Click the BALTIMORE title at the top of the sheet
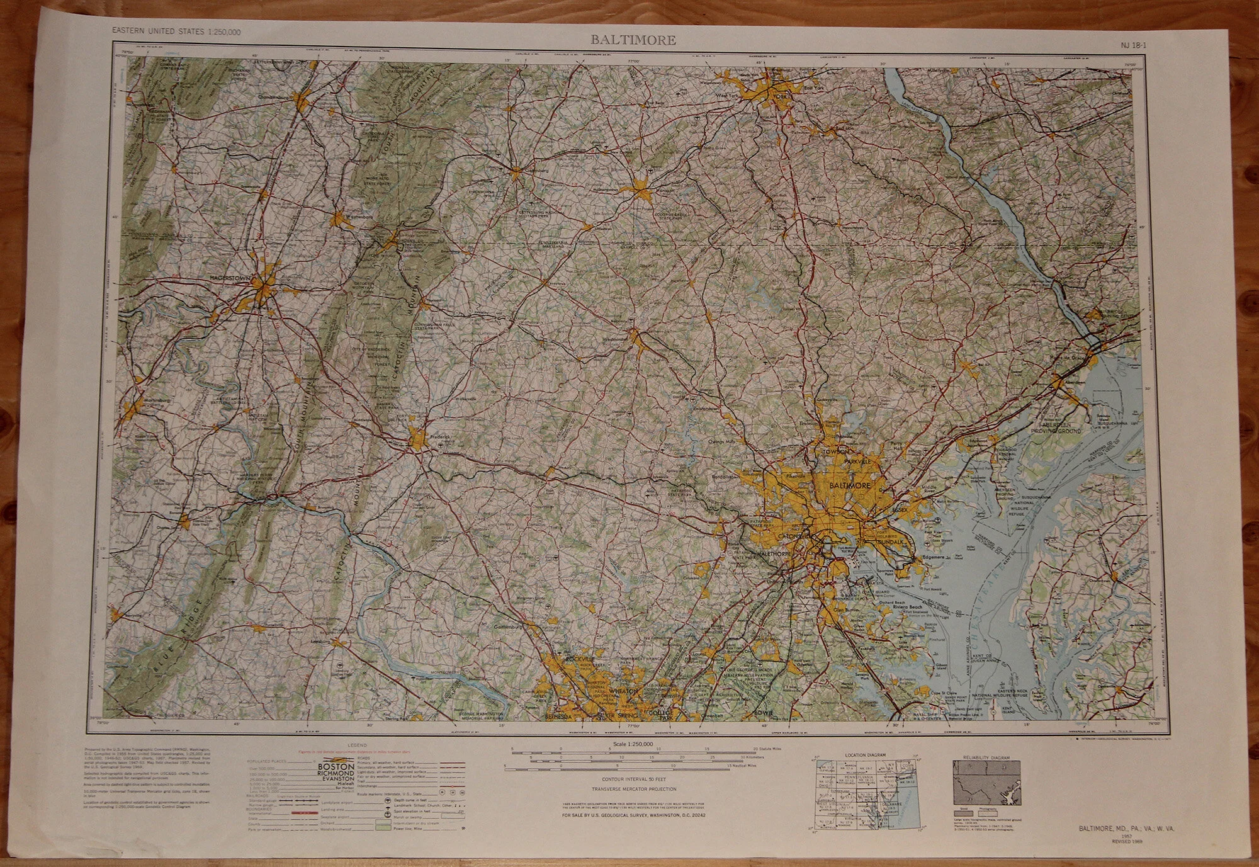click(x=633, y=40)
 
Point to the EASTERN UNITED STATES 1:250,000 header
click(x=176, y=32)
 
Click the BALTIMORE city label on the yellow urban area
click(x=850, y=486)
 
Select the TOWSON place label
click(x=834, y=451)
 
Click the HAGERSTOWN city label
click(x=230, y=277)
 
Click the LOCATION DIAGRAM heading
click(x=866, y=754)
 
